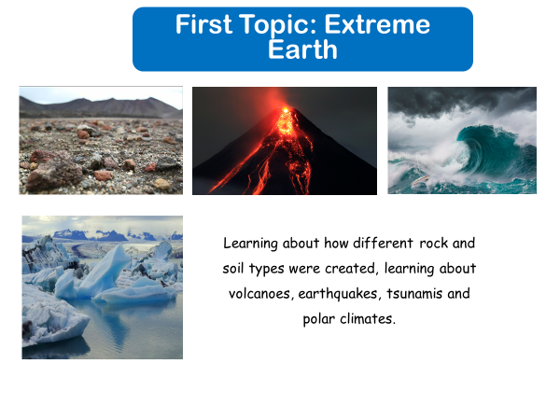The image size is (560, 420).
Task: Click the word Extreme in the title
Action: pos(377,24)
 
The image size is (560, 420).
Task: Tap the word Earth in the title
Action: pos(302,49)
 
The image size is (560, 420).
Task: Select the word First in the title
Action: pos(203,24)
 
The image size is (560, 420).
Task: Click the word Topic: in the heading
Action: pos(278,25)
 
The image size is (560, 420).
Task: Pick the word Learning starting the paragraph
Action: pos(250,244)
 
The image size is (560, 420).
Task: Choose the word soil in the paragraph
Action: pos(233,269)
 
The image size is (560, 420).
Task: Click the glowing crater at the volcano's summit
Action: pos(286,111)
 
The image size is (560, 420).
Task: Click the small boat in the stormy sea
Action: pos(421,180)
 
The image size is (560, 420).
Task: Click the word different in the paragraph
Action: pos(384,244)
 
